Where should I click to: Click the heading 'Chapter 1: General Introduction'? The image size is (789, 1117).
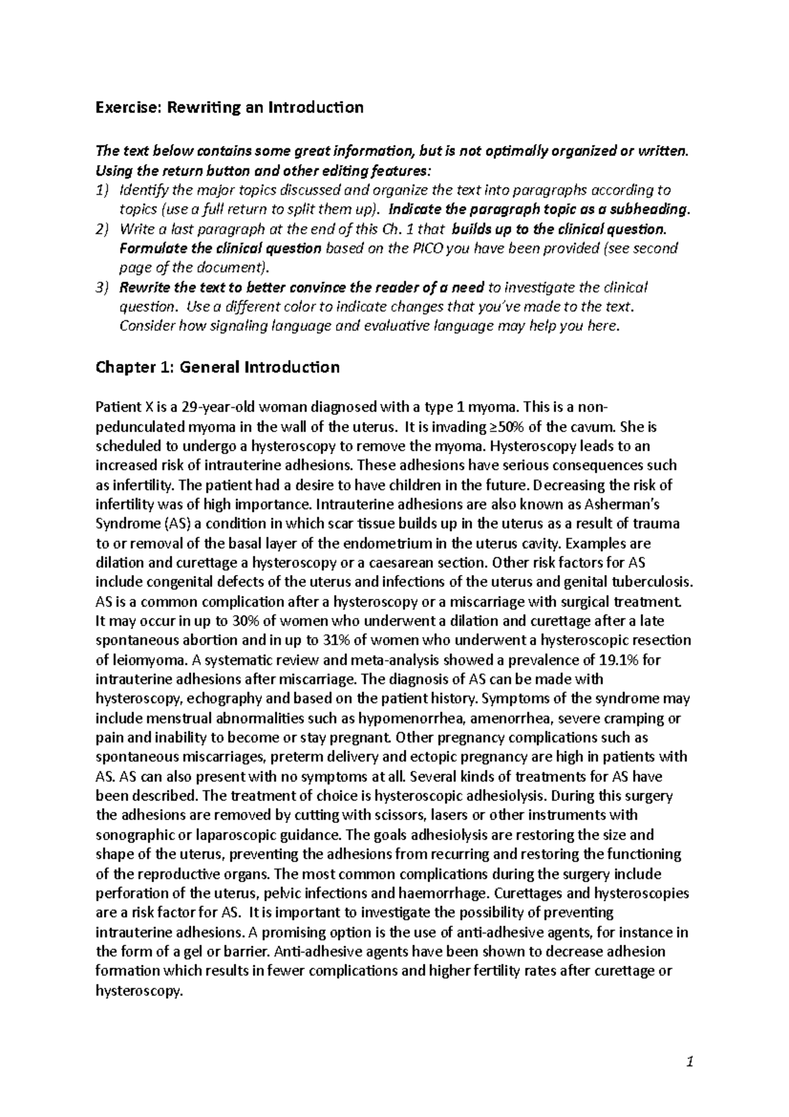point(218,367)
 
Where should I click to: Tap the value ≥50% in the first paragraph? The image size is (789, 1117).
point(506,426)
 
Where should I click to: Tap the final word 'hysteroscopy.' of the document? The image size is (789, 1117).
point(138,990)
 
